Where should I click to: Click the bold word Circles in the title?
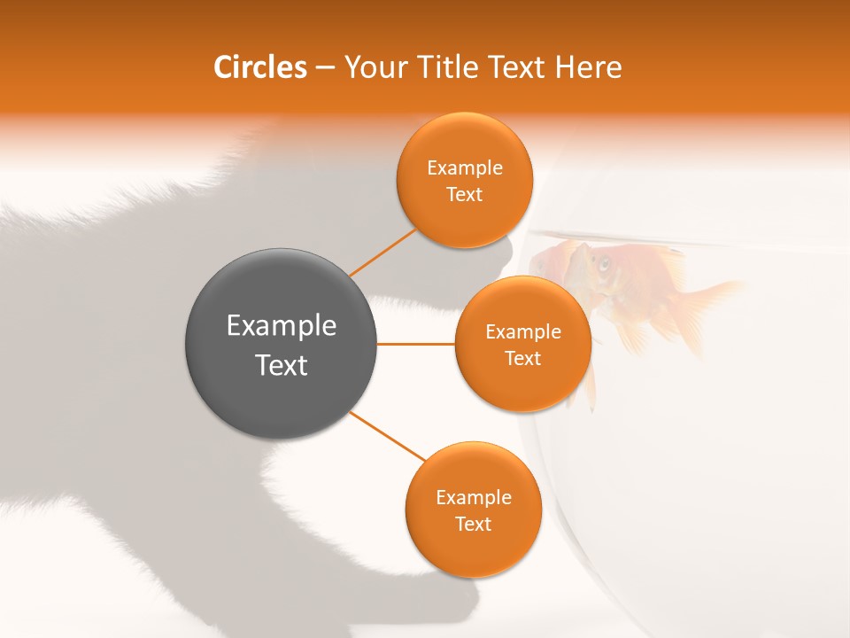tap(260, 67)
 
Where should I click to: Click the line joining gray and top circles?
tap(382, 253)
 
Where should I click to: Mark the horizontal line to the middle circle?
tap(415, 344)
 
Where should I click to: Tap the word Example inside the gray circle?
tap(282, 326)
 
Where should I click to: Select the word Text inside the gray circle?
tap(282, 365)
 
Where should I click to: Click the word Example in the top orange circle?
tap(465, 168)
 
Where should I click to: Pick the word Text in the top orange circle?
tap(464, 195)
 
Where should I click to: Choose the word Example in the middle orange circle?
tap(523, 332)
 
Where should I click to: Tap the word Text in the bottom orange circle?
tap(473, 525)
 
